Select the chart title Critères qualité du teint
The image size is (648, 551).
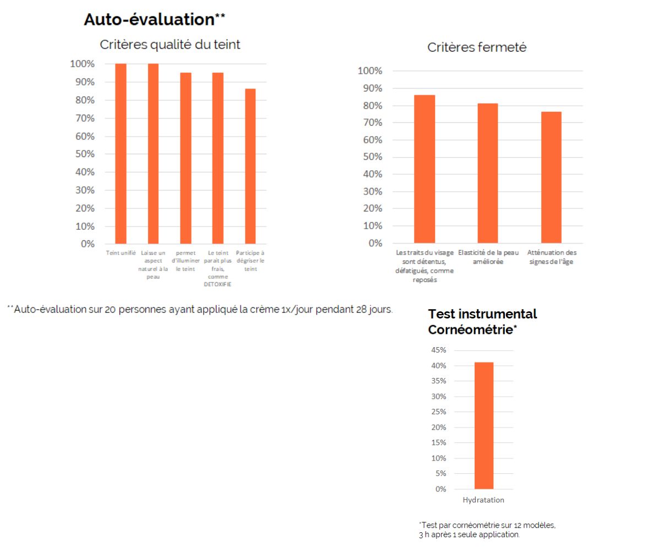tap(170, 44)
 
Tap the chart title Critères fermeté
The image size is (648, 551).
tap(476, 47)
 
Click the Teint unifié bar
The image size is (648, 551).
tap(121, 154)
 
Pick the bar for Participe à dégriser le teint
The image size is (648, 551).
tap(251, 166)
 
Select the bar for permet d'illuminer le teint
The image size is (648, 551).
tap(186, 158)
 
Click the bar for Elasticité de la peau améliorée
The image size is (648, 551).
tap(488, 173)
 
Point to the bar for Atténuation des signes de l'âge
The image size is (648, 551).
tap(551, 177)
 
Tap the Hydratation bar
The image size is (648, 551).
tap(484, 426)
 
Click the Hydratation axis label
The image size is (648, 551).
tap(483, 500)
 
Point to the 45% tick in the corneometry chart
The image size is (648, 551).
tap(438, 350)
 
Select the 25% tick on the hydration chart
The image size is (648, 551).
tap(438, 412)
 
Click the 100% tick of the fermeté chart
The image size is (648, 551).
tap(370, 71)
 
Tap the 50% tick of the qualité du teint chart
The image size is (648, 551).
tap(85, 154)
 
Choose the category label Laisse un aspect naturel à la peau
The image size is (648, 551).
tap(153, 264)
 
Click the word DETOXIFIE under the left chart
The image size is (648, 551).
tap(218, 284)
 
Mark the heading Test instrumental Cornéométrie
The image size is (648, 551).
tap(482, 321)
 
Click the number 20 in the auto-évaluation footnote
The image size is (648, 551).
tap(110, 310)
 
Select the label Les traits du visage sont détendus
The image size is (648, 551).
tap(424, 257)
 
